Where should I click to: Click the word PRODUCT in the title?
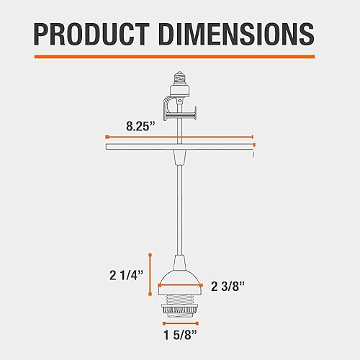(x=90, y=33)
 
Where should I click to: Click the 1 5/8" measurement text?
(x=179, y=336)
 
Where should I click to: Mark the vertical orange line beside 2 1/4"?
(x=149, y=272)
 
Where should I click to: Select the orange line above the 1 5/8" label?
(x=179, y=322)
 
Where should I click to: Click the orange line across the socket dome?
(x=179, y=286)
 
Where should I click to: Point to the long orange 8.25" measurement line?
(x=190, y=136)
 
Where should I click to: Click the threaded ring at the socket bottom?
(x=179, y=307)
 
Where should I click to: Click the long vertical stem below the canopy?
(x=179, y=209)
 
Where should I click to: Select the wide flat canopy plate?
(x=179, y=147)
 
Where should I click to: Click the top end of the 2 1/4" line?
(x=149, y=254)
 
